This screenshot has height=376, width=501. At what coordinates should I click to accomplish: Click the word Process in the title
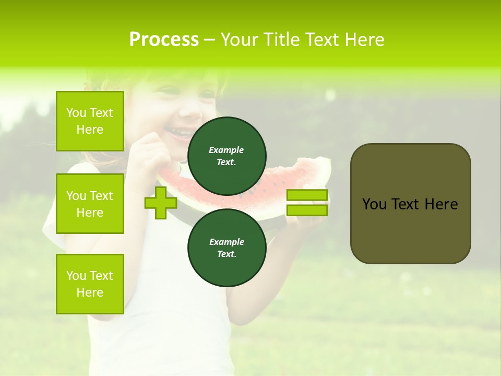[164, 40]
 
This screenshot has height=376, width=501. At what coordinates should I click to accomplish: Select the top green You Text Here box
[90, 121]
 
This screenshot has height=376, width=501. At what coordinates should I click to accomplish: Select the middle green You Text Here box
[90, 204]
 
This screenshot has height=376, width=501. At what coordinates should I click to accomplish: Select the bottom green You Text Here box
[90, 284]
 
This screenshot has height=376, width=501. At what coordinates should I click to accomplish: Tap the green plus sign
[161, 203]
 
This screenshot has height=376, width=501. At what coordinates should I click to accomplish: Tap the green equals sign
[307, 203]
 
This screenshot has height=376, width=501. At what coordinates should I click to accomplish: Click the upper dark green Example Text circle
[227, 156]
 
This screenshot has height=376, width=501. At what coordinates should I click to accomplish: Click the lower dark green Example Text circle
[227, 248]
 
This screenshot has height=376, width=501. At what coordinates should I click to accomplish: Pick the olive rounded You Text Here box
[410, 204]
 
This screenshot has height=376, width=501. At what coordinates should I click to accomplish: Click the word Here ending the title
[365, 40]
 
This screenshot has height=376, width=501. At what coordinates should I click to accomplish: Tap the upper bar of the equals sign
[307, 195]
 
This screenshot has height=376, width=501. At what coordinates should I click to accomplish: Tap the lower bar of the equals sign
[307, 210]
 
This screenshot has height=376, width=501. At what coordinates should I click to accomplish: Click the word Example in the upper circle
[226, 150]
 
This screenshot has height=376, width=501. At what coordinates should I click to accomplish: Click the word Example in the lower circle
[226, 242]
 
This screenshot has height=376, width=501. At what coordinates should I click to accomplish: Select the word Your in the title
[237, 40]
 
